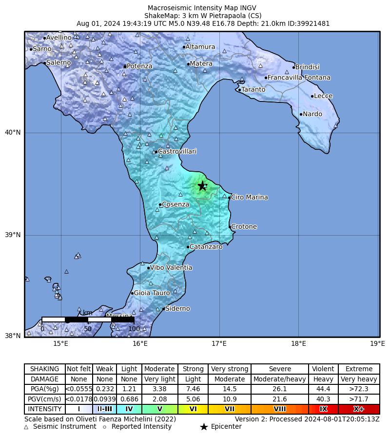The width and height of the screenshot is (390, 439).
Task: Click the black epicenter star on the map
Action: tap(202, 186)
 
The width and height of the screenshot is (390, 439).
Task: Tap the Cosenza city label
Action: tap(175, 204)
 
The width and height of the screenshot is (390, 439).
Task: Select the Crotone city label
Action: tap(244, 227)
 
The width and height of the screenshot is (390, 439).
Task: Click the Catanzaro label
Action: tap(206, 247)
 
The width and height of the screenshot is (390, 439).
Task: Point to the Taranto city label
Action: tap(253, 90)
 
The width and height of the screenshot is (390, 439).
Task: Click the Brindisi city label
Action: tap(307, 67)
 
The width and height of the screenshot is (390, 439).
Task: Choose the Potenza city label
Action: tap(139, 66)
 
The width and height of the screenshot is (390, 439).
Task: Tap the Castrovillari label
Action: tap(177, 152)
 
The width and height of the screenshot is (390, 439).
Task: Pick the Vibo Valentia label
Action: tap(171, 268)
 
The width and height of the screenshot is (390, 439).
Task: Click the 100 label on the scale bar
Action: tap(134, 329)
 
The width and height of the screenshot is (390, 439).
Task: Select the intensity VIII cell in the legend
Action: tap(280, 409)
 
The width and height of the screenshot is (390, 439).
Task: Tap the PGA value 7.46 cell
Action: tap(193, 389)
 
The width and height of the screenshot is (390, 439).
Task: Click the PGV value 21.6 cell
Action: tap(280, 399)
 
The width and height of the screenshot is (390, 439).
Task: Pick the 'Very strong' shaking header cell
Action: tap(230, 369)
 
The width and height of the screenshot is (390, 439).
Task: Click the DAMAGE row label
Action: tap(44, 379)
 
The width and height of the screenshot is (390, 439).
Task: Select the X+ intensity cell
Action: tap(359, 409)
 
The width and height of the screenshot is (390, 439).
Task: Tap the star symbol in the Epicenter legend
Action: tap(204, 427)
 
